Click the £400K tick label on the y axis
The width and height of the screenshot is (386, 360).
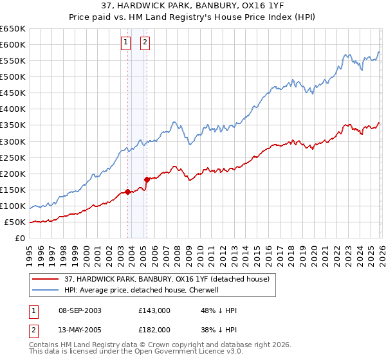click(x=13, y=109)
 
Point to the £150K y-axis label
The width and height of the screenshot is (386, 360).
click(x=13, y=190)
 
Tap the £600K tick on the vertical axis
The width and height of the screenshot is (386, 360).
click(x=13, y=44)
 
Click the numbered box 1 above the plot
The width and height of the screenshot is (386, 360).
click(x=126, y=43)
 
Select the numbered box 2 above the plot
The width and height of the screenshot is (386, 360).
click(x=145, y=43)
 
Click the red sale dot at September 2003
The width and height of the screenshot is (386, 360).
click(x=127, y=192)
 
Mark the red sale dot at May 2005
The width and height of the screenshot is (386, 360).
click(x=147, y=179)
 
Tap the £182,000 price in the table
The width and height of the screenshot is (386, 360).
click(x=154, y=329)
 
